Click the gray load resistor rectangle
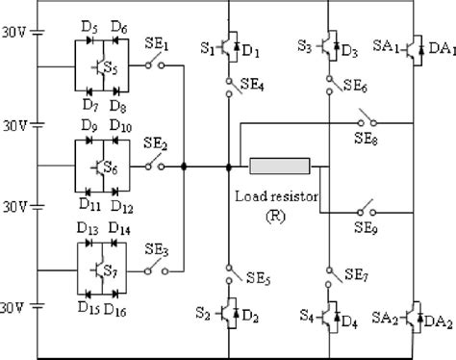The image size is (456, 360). (279, 167)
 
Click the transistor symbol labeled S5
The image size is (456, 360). (104, 68)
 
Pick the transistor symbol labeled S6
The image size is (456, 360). (104, 167)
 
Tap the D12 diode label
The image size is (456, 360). (121, 206)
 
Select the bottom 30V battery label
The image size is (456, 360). (14, 307)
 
